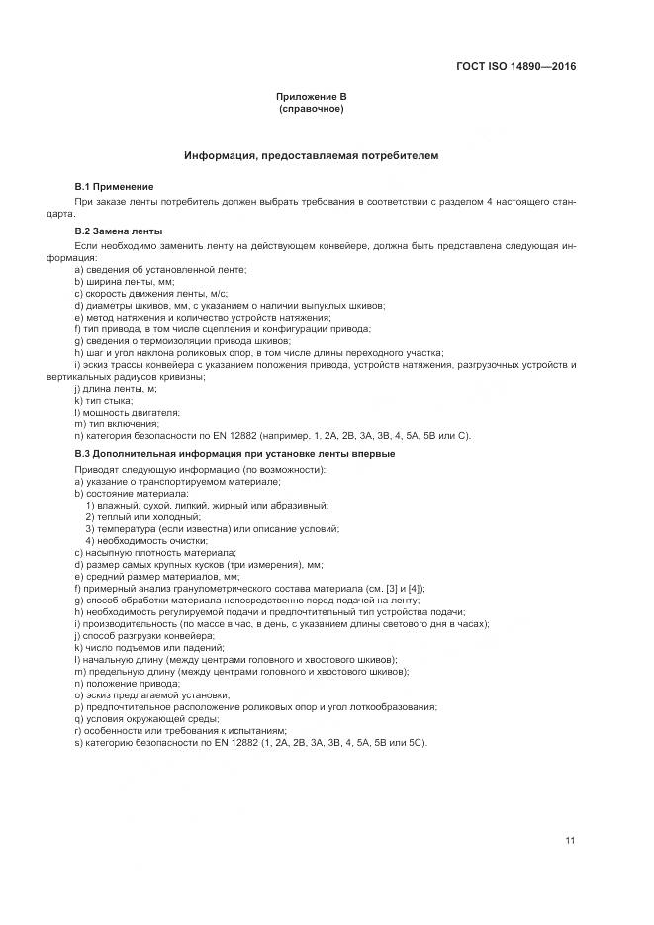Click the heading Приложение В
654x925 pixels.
[x=312, y=97]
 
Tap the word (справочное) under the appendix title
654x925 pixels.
[x=312, y=108]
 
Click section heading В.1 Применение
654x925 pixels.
[x=115, y=187]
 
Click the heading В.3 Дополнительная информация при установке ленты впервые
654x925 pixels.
[x=234, y=452]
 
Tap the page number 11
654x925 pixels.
[x=570, y=841]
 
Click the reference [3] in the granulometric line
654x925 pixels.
[x=390, y=589]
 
